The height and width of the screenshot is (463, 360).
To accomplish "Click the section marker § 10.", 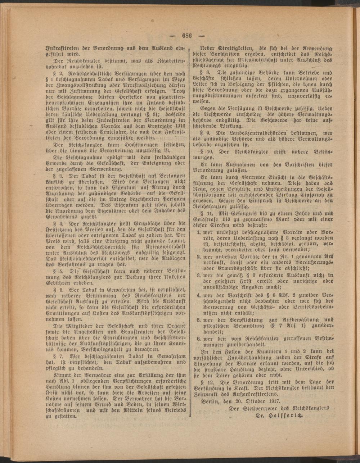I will pyautogui.click(x=210, y=152).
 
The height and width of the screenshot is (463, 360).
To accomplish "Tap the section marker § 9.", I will pyautogui.click(x=208, y=133).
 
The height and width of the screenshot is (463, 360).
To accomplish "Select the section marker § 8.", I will pyautogui.click(x=208, y=72).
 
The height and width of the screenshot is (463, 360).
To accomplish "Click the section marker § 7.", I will pyautogui.click(x=57, y=356).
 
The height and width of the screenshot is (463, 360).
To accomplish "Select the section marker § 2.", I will pyautogui.click(x=57, y=73).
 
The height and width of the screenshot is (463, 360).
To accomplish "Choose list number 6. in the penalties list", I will pyautogui.click(x=198, y=338).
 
